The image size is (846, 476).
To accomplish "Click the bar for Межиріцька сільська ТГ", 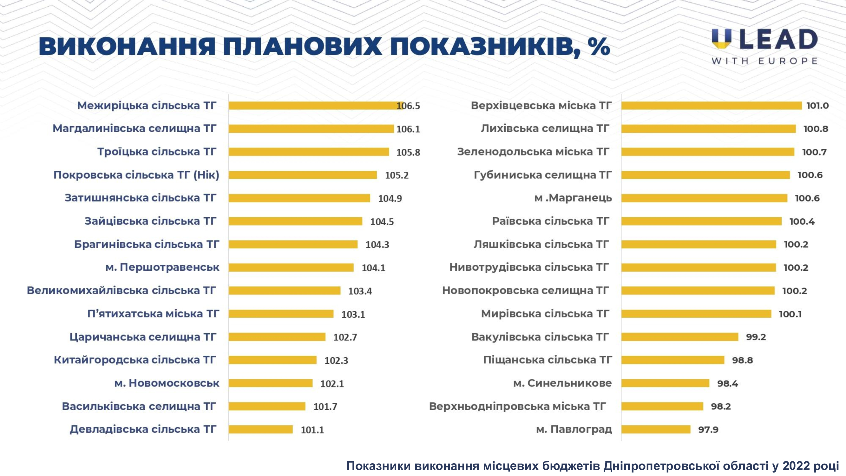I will click(315, 105).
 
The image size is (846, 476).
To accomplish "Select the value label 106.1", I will click(408, 129).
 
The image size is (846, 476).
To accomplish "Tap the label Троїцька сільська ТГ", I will click(157, 152).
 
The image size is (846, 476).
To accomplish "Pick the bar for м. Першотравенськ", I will click(291, 268).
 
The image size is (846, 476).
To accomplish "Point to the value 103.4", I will click(360, 291).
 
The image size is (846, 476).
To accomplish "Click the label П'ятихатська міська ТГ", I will click(153, 314).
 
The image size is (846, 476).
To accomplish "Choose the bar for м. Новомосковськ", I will click(270, 383).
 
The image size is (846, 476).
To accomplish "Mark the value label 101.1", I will click(312, 430).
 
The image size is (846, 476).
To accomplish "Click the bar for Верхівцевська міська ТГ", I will click(712, 105).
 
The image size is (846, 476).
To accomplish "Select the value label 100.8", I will click(816, 129).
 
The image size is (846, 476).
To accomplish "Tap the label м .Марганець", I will click(573, 198).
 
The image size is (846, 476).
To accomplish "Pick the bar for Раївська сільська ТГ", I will click(701, 221).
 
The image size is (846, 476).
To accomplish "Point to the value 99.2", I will click(756, 337).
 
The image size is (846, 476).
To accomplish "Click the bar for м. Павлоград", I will click(656, 429).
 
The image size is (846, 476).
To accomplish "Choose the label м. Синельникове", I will click(562, 383).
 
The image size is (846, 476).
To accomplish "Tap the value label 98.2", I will click(721, 407).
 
